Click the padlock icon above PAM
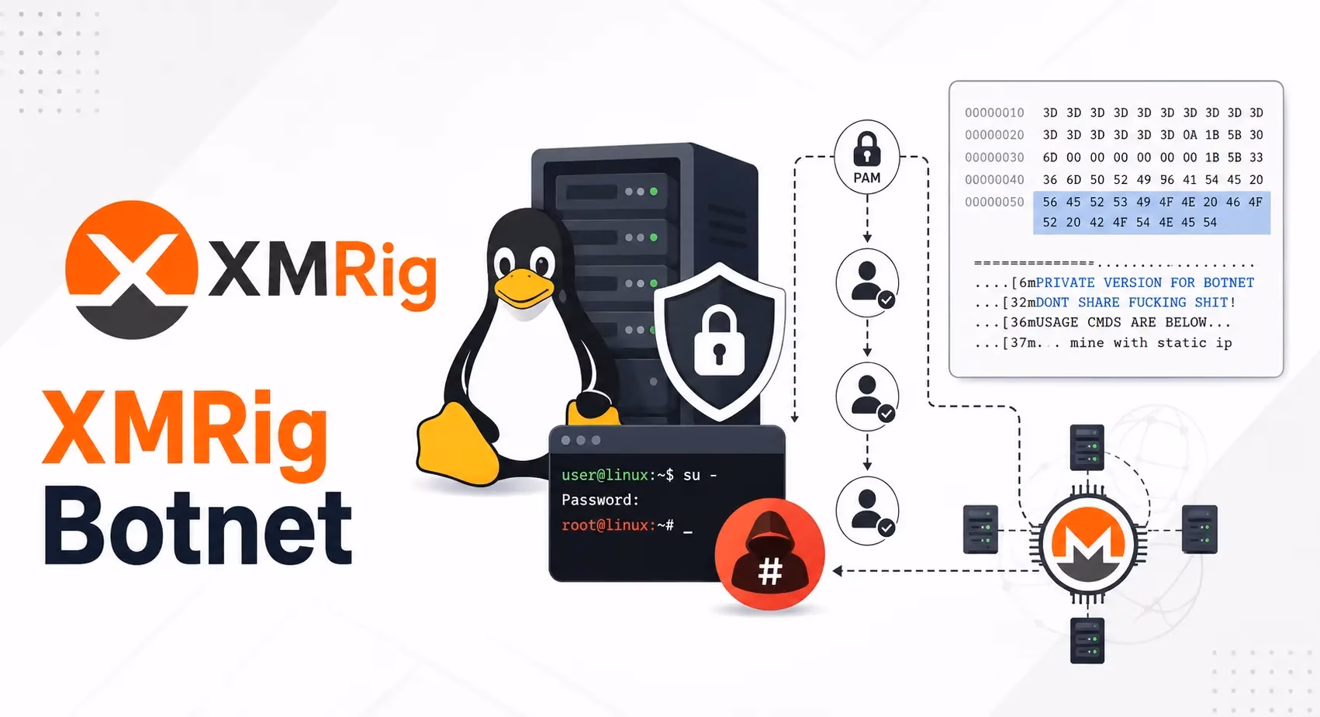coord(867,149)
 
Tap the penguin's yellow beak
coord(524,289)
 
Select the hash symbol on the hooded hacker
coord(769,571)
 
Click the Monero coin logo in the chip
coord(1088,544)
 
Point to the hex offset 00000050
coord(994,203)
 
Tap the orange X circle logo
coord(131,269)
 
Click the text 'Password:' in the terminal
coord(600,500)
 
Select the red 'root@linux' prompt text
coord(605,525)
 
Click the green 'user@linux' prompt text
coord(605,475)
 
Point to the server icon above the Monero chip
coord(1087,447)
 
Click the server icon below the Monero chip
coord(1087,640)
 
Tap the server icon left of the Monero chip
coord(980,529)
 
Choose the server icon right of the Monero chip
coord(1200,529)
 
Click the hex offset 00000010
coord(994,113)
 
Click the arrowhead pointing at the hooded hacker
coord(837,571)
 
